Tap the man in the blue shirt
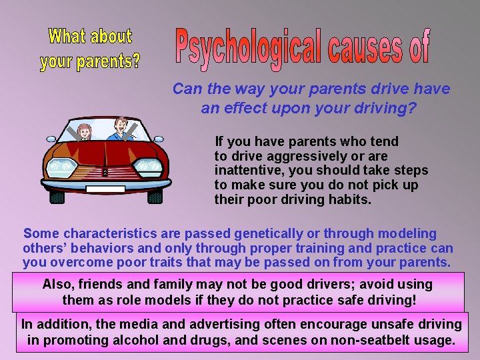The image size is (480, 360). point(121,130)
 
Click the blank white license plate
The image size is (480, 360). point(105,189)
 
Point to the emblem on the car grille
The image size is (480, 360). point(105,171)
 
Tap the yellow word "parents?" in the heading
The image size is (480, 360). point(111,62)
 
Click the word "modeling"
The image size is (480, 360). point(407,234)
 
